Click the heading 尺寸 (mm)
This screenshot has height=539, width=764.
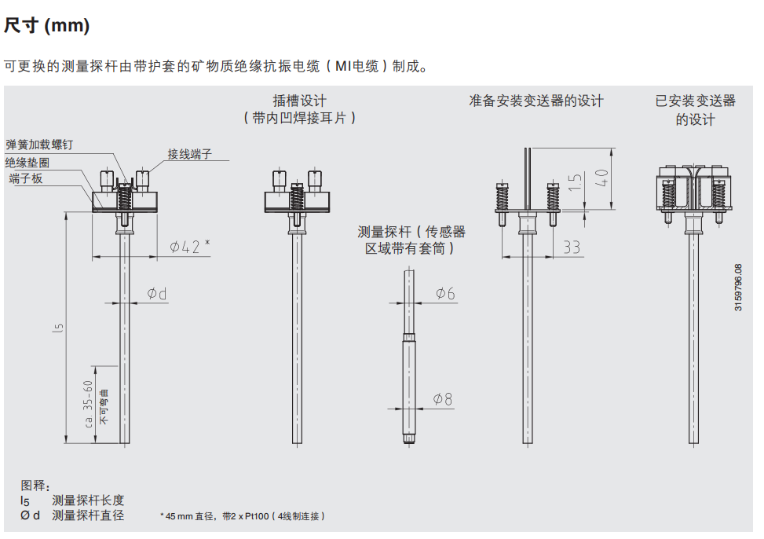(47, 26)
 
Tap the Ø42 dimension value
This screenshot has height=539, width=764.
(187, 247)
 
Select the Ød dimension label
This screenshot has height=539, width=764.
(157, 294)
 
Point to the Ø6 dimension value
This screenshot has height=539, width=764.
(445, 293)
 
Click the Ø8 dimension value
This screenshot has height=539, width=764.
(444, 399)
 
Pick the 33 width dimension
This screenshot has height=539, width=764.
(572, 247)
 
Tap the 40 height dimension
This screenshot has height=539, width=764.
(602, 178)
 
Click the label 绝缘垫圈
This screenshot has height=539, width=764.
(27, 163)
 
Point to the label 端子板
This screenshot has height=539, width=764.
(26, 180)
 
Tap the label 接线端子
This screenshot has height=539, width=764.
(190, 154)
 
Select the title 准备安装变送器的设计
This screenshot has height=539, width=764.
(536, 101)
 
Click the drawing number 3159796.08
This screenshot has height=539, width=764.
(738, 288)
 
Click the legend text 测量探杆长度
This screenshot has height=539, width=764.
(88, 500)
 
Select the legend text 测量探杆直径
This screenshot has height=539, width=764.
(88, 515)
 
